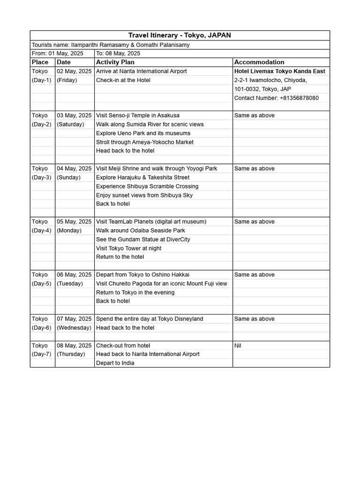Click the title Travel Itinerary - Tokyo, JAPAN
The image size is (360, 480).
180,36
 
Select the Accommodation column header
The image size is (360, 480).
259,62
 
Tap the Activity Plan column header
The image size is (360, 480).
115,62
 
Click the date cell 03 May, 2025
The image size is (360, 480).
74,115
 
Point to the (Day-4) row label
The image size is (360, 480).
42,230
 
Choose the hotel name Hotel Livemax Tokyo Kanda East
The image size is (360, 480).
279,71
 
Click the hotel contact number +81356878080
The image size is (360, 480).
276,98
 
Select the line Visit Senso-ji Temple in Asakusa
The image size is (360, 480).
137,115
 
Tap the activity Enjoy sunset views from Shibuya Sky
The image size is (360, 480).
144,195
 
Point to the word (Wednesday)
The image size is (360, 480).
74,328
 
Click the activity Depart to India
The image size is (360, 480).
115,363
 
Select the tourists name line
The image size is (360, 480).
111,45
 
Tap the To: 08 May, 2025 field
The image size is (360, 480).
118,53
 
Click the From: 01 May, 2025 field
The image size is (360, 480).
57,53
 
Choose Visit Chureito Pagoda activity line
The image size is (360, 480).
161,283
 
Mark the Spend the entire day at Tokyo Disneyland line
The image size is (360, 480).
149,319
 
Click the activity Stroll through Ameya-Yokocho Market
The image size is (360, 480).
144,142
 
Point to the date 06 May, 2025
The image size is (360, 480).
74,275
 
